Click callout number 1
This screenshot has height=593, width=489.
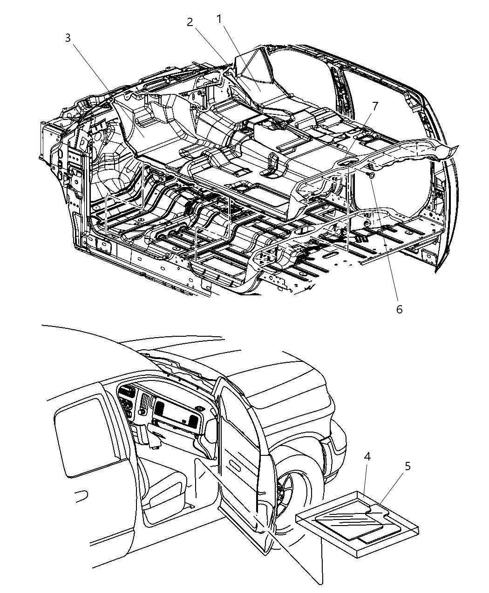click(219, 19)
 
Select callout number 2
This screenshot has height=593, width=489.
click(190, 22)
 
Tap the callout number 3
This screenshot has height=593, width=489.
click(68, 38)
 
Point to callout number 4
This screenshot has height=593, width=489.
click(367, 457)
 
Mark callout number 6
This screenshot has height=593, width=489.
click(400, 310)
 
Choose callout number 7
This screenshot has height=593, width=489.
click(375, 106)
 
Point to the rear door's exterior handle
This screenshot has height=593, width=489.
click(81, 496)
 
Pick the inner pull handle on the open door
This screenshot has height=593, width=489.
click(239, 466)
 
